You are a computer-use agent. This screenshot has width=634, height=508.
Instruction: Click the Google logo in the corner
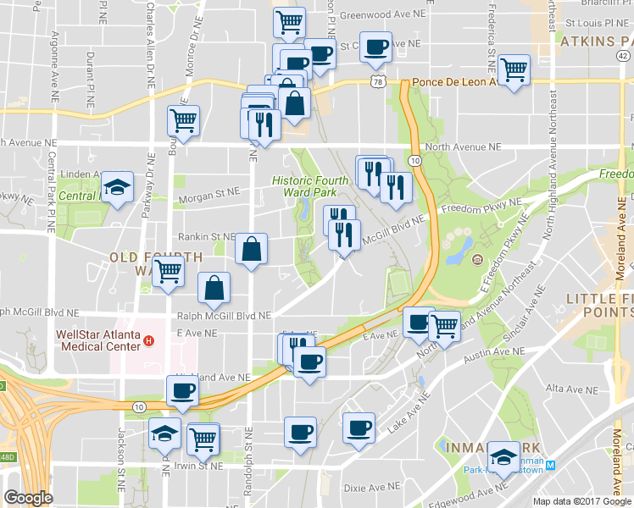point(28,499)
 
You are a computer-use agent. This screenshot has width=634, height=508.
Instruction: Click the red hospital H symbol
point(149,341)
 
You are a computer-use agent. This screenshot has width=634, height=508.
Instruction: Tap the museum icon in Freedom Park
point(478,259)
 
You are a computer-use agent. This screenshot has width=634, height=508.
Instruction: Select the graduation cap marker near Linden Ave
point(118,187)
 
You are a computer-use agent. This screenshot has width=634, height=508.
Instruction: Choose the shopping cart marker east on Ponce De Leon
point(514,69)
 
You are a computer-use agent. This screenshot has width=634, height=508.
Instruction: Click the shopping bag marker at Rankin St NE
point(251,249)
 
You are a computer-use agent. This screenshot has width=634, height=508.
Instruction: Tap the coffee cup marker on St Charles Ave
point(375,46)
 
